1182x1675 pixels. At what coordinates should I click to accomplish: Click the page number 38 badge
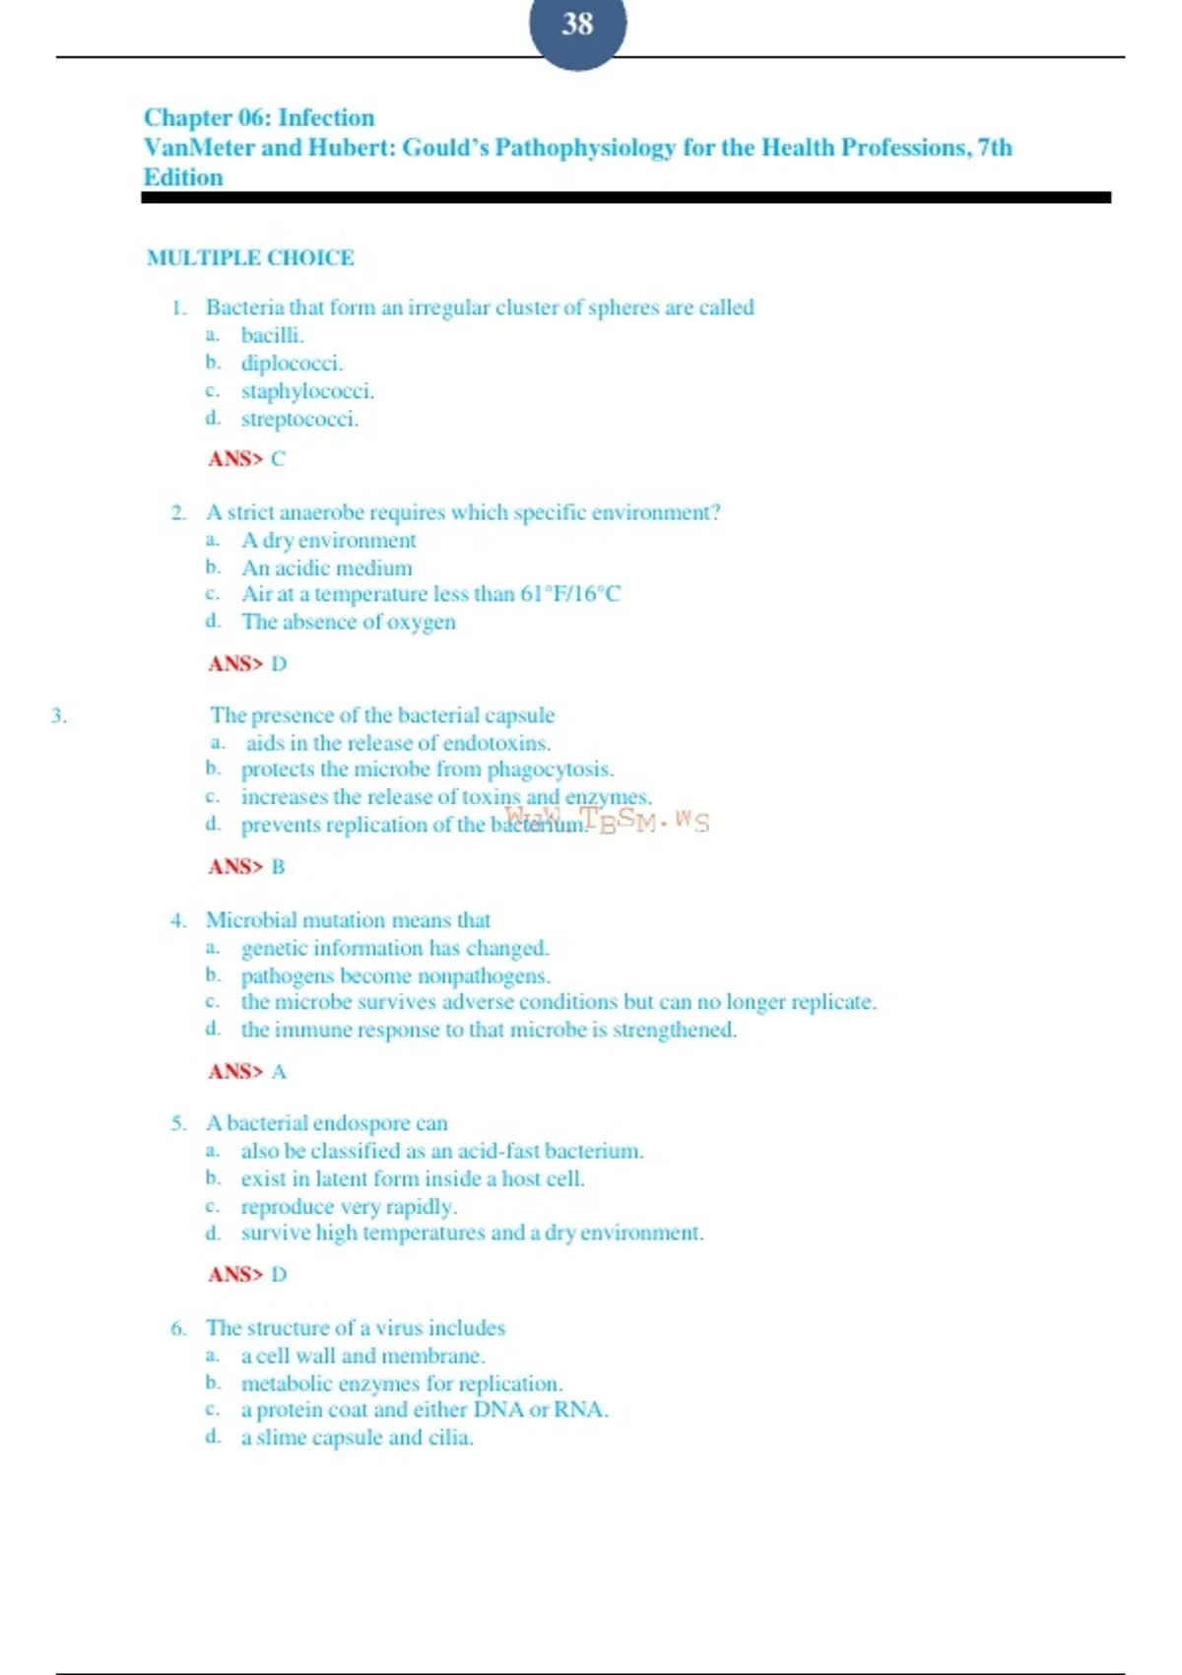click(577, 25)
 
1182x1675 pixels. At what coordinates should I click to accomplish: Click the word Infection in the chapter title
click(326, 118)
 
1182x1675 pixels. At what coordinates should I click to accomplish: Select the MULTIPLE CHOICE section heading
click(250, 258)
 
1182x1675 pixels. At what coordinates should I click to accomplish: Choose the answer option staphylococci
click(307, 391)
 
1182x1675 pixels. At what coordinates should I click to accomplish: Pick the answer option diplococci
click(292, 364)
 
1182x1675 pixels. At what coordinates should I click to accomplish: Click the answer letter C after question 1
click(278, 459)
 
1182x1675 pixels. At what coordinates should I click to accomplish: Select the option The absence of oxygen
click(349, 622)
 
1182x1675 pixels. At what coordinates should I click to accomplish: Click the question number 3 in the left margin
click(59, 716)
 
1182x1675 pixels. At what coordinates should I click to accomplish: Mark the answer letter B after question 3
click(278, 867)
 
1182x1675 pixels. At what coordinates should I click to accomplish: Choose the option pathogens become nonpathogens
click(395, 976)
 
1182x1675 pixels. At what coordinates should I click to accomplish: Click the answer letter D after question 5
click(279, 1275)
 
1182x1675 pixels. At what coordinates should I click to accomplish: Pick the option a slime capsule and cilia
click(357, 1438)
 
